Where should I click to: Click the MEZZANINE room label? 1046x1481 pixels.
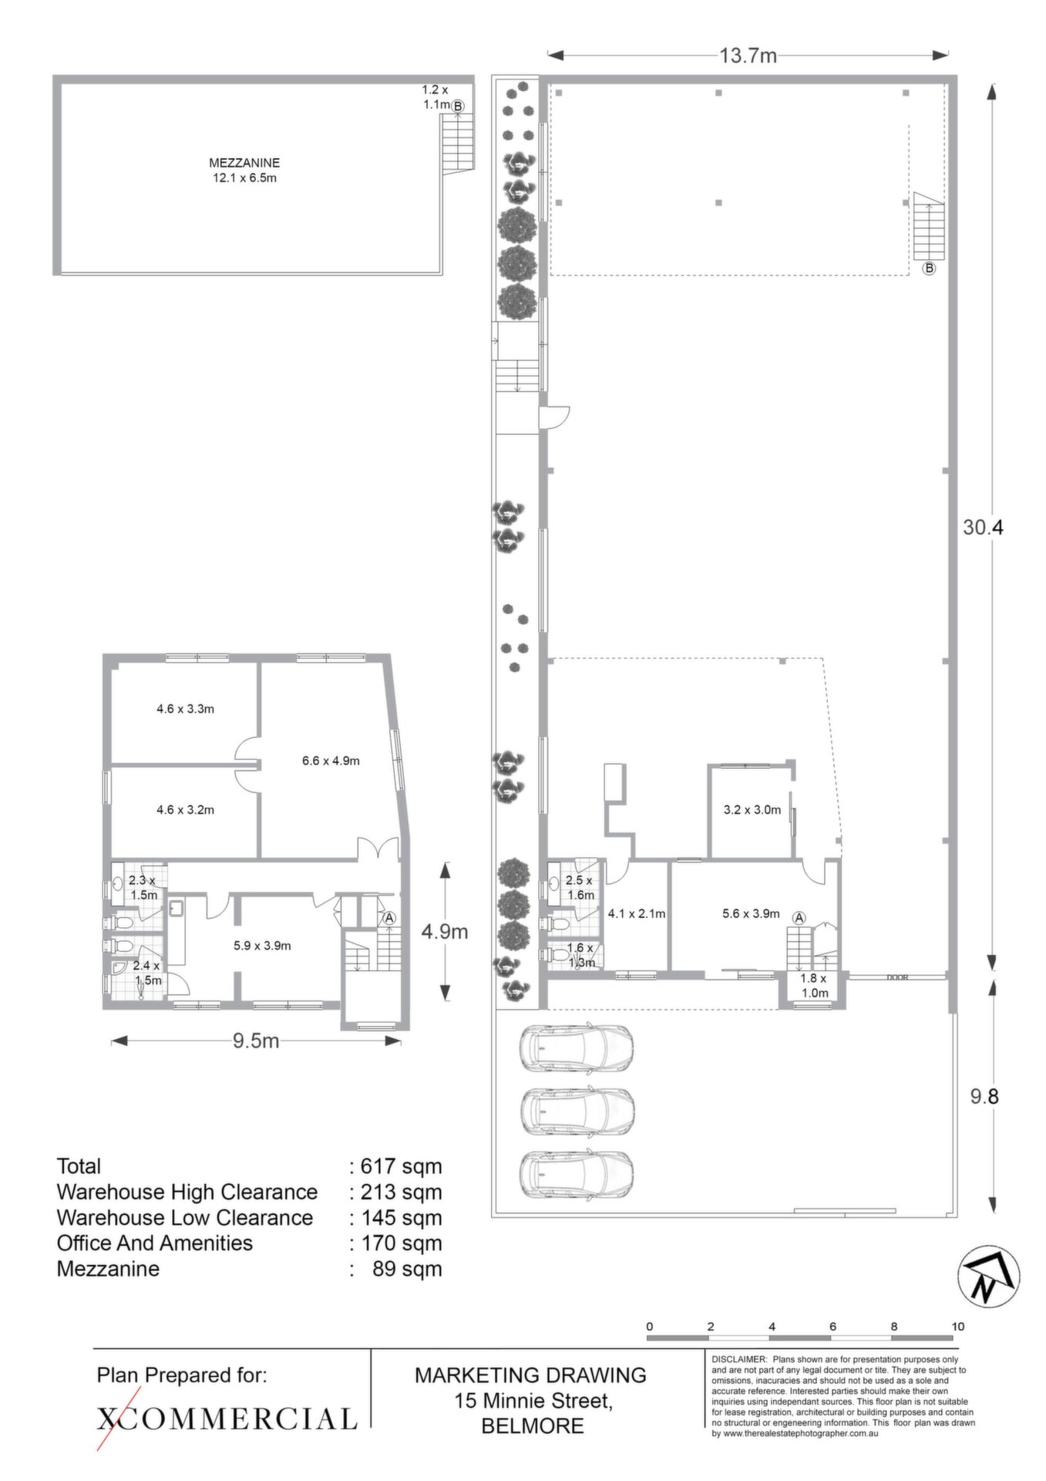click(x=244, y=163)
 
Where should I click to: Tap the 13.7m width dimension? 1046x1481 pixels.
click(x=748, y=56)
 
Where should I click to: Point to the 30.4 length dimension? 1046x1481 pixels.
click(x=983, y=528)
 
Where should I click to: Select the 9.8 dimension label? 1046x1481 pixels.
click(x=984, y=1096)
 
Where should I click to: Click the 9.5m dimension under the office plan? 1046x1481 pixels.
click(x=256, y=1041)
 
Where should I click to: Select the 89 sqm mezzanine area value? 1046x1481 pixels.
click(x=407, y=1269)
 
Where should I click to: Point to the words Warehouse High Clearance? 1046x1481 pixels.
click(x=187, y=1192)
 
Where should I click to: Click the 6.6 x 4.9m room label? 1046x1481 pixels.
click(x=331, y=761)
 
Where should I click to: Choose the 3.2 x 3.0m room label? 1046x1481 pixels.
click(x=752, y=810)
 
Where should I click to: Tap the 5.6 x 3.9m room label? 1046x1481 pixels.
click(x=751, y=914)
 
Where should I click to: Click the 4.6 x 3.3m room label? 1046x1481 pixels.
click(x=185, y=709)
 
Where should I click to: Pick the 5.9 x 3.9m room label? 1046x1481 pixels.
click(x=262, y=946)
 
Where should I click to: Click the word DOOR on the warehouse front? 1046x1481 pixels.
click(x=898, y=977)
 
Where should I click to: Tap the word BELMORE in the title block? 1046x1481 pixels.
click(x=533, y=1426)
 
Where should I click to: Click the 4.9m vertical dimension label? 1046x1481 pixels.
click(x=445, y=932)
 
